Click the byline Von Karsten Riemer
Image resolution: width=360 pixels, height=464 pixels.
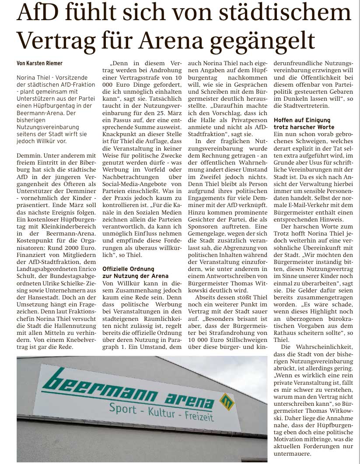[x=39, y=63]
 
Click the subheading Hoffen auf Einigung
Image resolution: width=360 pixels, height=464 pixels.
[x=302, y=120]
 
